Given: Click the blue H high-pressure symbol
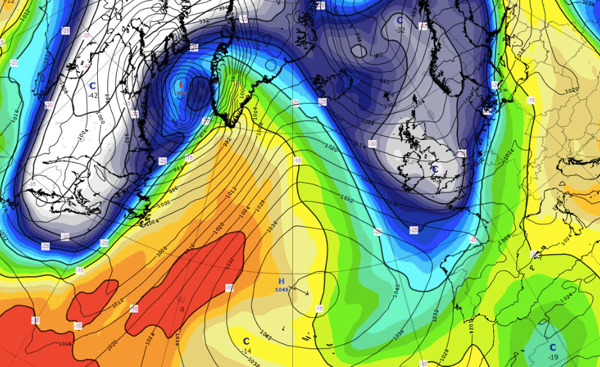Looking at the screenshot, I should tap(281, 281).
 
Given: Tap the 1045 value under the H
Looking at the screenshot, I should tap(281, 290).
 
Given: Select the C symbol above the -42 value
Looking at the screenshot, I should tap(93, 86).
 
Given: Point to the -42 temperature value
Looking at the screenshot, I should tap(93, 95).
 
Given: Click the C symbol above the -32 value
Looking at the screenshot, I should tap(400, 20).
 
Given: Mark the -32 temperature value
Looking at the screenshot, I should tap(400, 30).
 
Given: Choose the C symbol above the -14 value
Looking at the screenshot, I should tap(246, 341).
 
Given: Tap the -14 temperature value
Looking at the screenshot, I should tap(246, 351).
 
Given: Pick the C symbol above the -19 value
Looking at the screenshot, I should tap(553, 347).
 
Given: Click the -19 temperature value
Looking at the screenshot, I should tap(553, 357).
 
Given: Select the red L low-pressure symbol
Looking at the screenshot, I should tap(181, 84).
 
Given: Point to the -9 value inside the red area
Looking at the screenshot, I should tap(182, 309).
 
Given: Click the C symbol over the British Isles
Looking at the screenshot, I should tap(435, 169).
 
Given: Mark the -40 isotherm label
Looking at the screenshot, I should tap(85, 66).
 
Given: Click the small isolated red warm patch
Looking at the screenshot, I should tap(91, 299).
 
